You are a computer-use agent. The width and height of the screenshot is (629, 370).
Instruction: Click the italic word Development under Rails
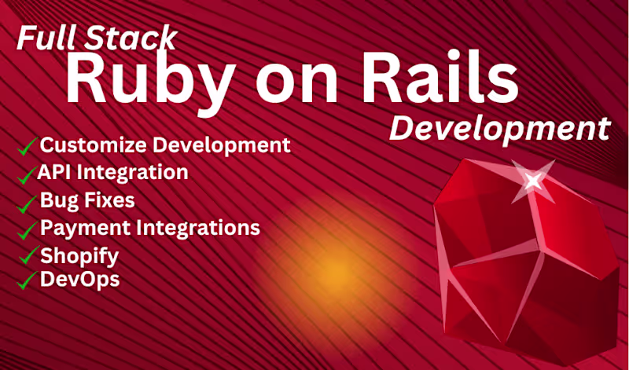499,128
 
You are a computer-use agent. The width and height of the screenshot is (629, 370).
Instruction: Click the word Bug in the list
57,200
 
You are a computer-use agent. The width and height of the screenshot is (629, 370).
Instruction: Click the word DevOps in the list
79,279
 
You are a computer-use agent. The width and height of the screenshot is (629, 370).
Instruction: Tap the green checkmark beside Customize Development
28,146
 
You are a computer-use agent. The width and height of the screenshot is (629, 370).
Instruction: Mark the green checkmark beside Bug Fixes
28,203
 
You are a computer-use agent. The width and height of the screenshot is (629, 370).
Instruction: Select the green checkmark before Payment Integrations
28,230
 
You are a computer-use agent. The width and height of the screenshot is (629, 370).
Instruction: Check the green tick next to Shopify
29,255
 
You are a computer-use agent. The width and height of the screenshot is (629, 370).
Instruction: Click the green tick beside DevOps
29,279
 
